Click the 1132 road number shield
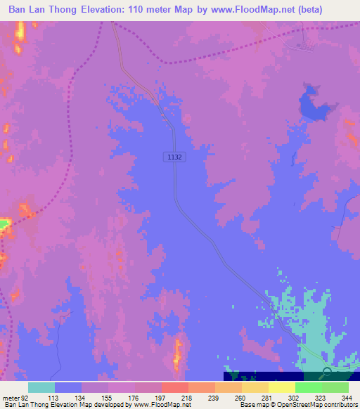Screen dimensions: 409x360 (176, 157)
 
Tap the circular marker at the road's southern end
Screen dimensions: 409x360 (328, 372)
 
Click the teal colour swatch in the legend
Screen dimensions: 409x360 (41, 387)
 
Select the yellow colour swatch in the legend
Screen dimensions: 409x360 (281, 387)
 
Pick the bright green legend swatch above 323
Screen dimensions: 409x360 (308, 387)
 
